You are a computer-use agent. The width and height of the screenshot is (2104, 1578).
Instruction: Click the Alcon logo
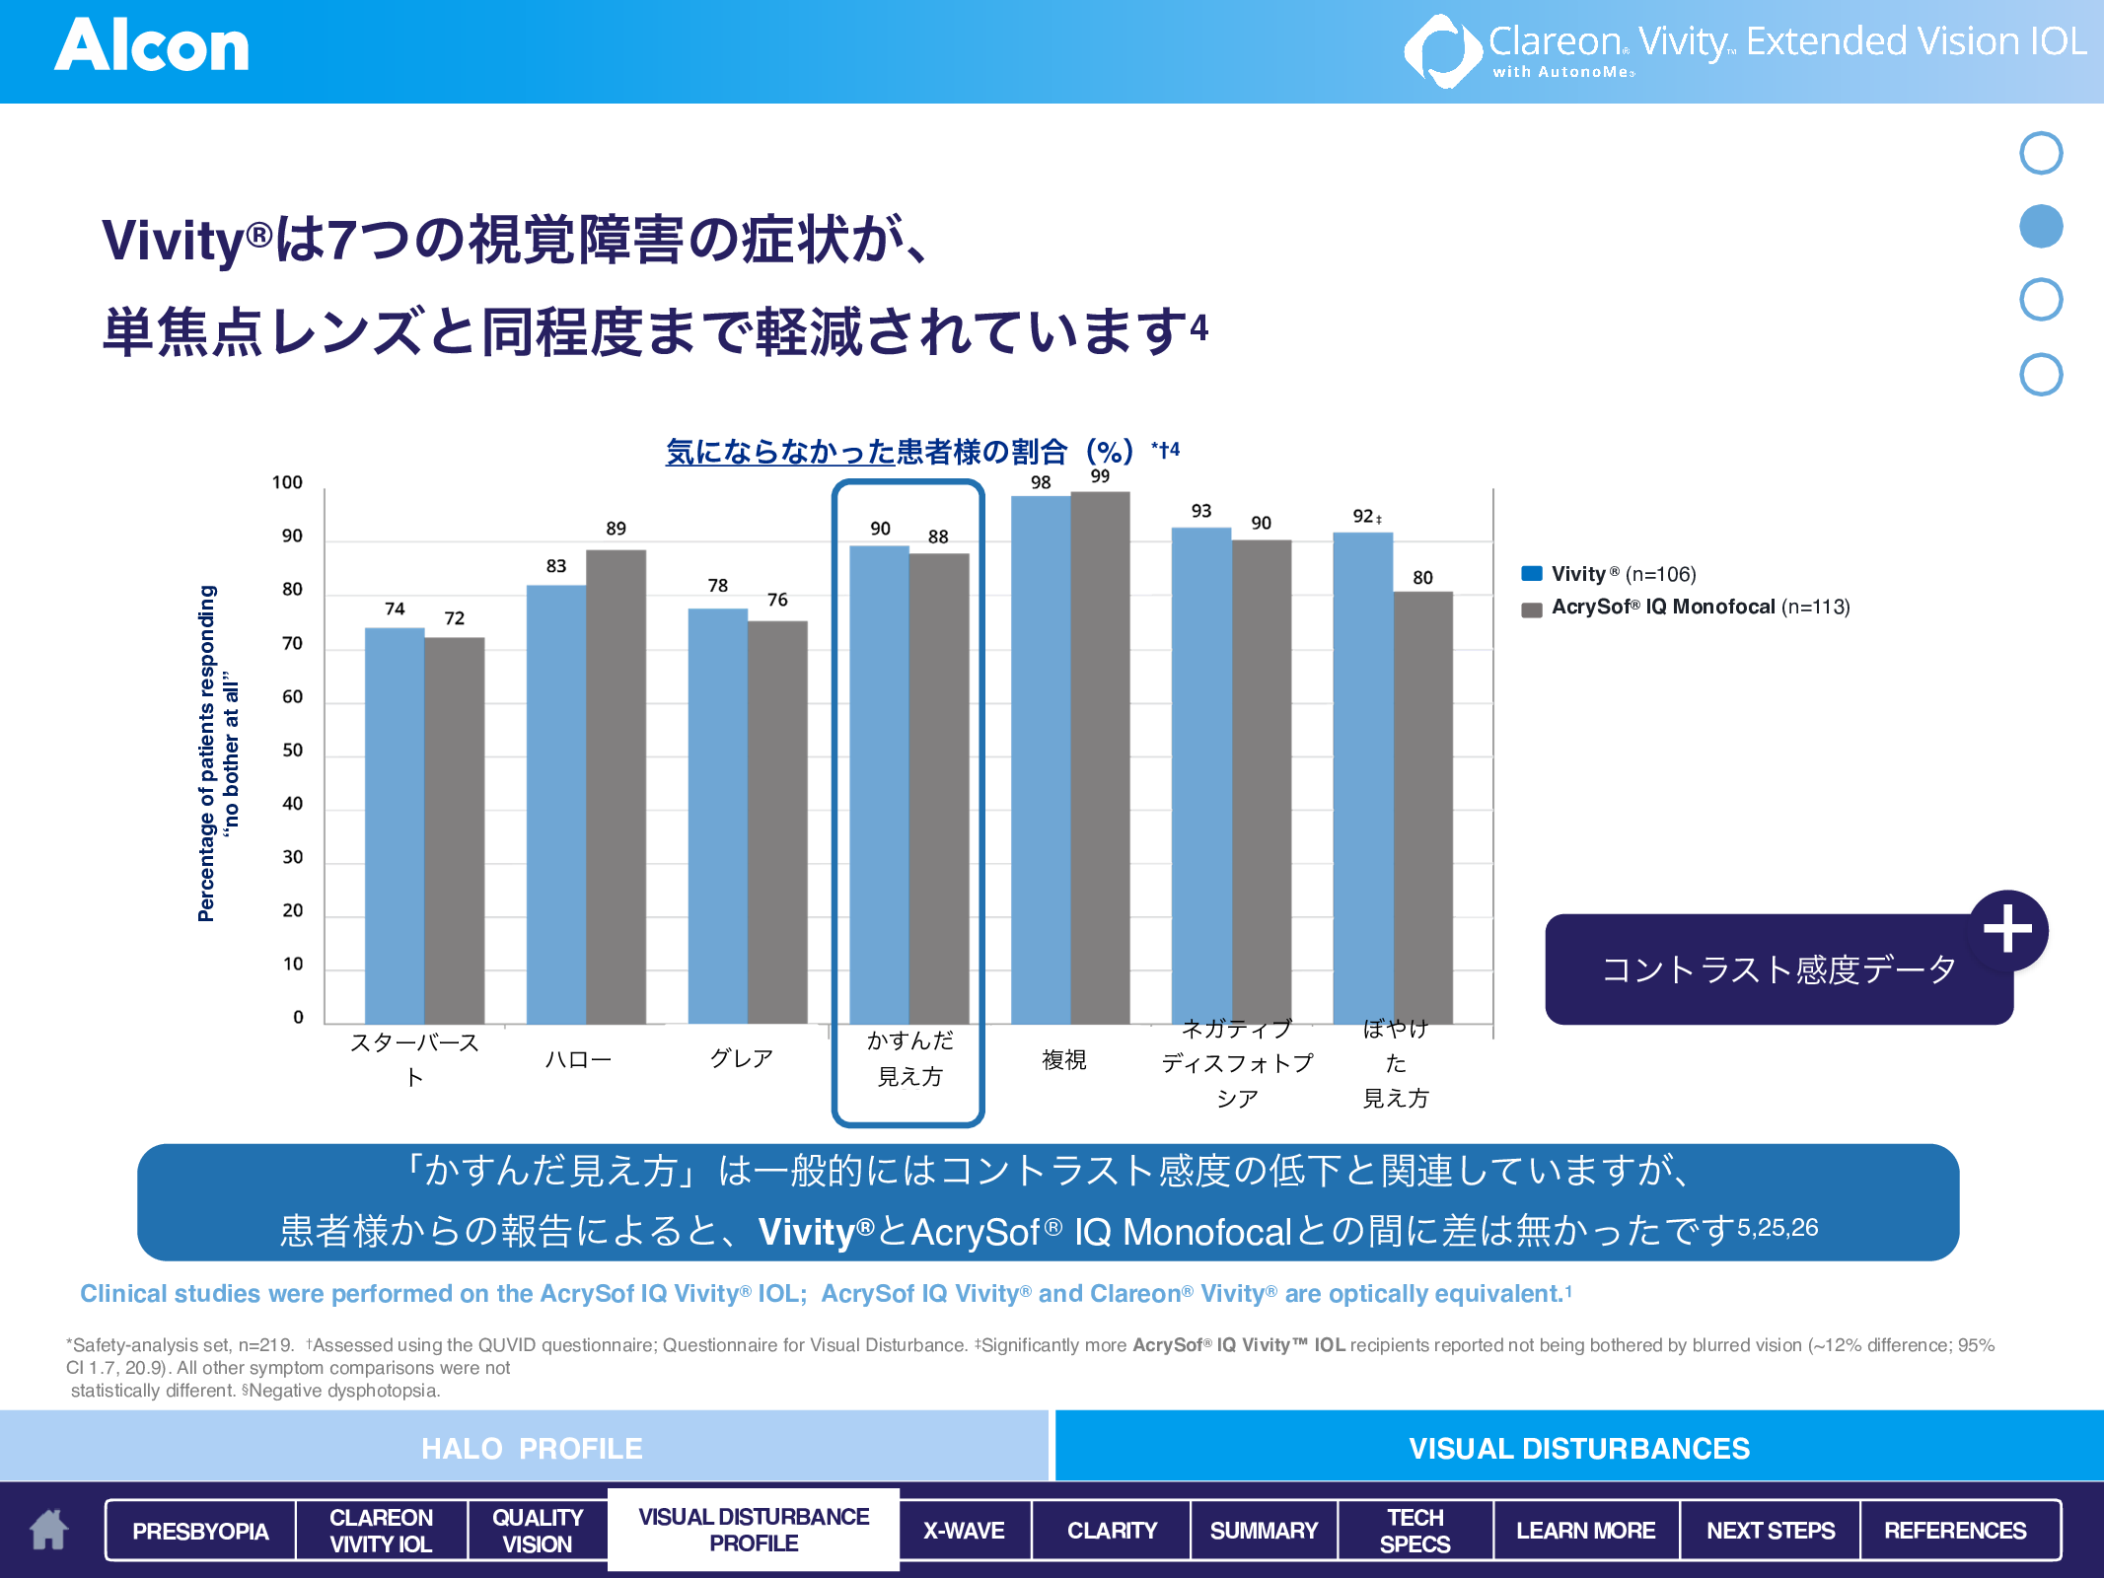(x=152, y=46)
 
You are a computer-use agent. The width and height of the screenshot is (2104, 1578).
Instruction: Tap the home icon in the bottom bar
(x=48, y=1530)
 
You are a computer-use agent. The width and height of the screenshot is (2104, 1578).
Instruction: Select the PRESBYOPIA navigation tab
(x=200, y=1531)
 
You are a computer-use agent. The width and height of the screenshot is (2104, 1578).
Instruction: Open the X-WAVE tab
(x=964, y=1531)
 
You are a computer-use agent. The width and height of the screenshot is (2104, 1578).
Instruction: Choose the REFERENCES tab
(x=1955, y=1531)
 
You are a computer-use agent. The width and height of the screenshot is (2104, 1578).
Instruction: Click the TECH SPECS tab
(x=1415, y=1531)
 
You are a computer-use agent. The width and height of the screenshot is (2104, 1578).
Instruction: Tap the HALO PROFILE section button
(x=531, y=1448)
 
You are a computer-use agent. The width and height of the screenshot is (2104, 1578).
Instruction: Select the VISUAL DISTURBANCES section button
(x=1578, y=1448)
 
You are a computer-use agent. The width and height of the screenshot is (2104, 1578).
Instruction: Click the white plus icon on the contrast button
(x=2007, y=929)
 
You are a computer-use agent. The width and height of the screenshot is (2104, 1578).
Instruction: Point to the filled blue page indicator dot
(x=2041, y=227)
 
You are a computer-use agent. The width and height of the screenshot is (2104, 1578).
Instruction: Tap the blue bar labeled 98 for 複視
(x=1041, y=759)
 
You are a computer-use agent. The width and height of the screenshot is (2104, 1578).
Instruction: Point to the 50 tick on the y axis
(x=293, y=751)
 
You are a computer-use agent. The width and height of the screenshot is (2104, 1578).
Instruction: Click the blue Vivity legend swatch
(x=1532, y=574)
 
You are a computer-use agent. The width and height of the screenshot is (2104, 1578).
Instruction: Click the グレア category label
(x=742, y=1059)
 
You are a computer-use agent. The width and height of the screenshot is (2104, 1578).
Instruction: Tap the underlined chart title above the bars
(x=866, y=452)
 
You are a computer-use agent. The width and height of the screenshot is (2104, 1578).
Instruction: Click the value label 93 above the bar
(x=1200, y=511)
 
